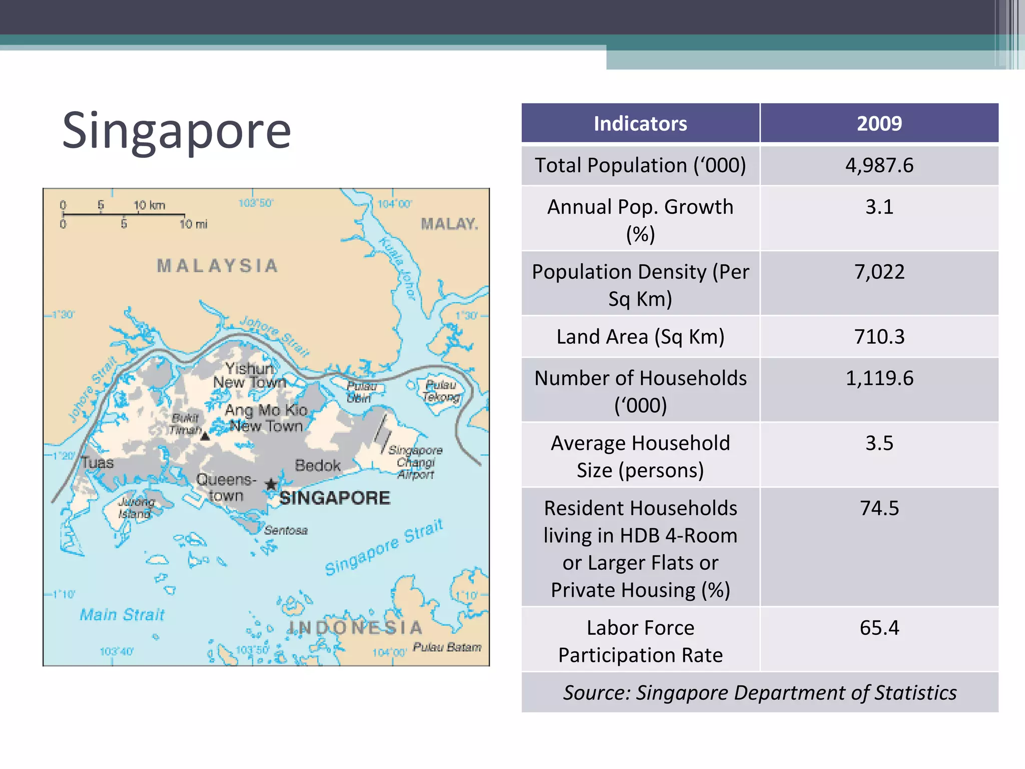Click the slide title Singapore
tap(176, 131)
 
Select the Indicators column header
tap(640, 124)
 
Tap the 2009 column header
tap(879, 124)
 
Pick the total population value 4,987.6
tap(879, 165)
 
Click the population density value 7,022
tap(879, 272)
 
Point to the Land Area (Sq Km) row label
tap(640, 336)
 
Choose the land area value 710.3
tap(879, 336)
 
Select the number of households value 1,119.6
tap(879, 378)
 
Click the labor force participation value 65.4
tap(879, 628)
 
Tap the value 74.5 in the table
tap(879, 508)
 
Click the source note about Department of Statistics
tap(759, 693)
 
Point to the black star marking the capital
tap(271, 484)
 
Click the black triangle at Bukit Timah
tap(205, 437)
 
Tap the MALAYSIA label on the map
tap(217, 266)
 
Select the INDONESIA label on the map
tap(355, 627)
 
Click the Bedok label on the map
tap(317, 466)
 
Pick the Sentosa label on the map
tap(286, 530)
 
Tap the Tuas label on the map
tap(98, 463)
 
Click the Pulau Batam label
tap(446, 647)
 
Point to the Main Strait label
tap(122, 614)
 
